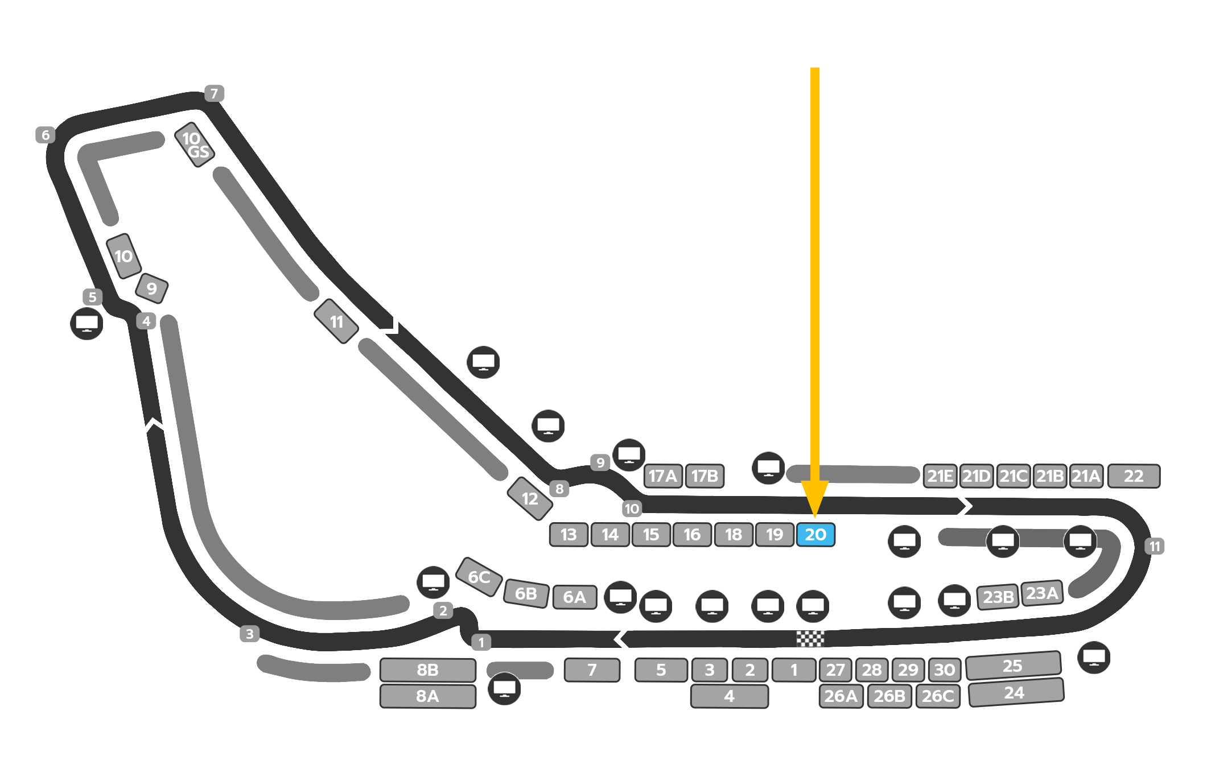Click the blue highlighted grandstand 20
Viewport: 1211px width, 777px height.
(815, 535)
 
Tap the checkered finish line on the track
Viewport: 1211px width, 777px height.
(810, 639)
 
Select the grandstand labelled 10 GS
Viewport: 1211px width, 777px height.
(195, 145)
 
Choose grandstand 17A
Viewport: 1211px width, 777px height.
(663, 476)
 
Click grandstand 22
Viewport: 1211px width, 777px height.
(1134, 476)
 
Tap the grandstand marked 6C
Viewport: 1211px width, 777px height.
(479, 577)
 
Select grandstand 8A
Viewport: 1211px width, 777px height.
(427, 696)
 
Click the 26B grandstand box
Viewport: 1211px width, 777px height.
(889, 696)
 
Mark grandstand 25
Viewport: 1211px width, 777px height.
(1013, 666)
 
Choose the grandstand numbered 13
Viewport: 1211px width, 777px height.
(569, 535)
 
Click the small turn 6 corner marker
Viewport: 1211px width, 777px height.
(46, 135)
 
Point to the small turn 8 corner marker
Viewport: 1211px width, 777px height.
(559, 489)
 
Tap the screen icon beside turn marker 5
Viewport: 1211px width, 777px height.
(86, 324)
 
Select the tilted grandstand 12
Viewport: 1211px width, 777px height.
(530, 498)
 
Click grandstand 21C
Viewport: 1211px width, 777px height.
(1013, 476)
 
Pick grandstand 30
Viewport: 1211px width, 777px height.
(945, 670)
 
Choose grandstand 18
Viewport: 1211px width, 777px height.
(734, 535)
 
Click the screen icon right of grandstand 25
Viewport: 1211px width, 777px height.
(1094, 658)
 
